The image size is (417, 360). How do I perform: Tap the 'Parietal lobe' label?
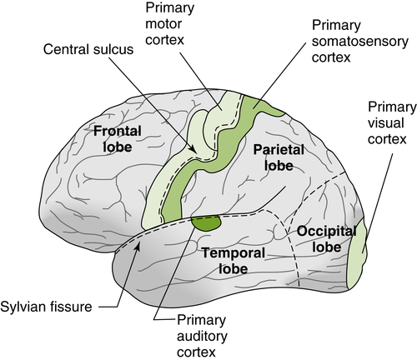(x=266, y=157)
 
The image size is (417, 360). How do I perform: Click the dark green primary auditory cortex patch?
(x=206, y=222)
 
